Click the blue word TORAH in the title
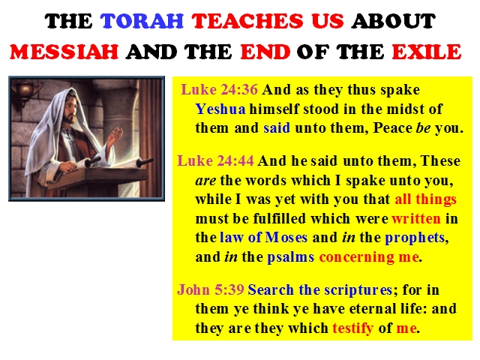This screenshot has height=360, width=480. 142,21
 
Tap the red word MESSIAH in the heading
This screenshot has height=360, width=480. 64,52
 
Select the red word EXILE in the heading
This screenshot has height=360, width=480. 427,52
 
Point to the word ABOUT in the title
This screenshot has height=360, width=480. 393,21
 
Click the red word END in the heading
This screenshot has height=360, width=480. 265,52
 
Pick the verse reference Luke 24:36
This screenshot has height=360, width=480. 220,90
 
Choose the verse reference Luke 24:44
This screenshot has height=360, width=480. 215,160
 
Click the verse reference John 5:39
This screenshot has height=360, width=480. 211,289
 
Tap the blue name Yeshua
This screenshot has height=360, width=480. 220,109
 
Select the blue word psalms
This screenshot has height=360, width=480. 290,257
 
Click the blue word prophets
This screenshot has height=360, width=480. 415,238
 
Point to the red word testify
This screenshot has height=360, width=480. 353,328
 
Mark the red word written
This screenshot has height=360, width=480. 416,218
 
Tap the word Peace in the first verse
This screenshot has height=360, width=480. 392,128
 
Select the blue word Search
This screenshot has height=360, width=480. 271,289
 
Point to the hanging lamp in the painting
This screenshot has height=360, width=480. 25,91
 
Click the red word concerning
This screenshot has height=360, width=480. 357,257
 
